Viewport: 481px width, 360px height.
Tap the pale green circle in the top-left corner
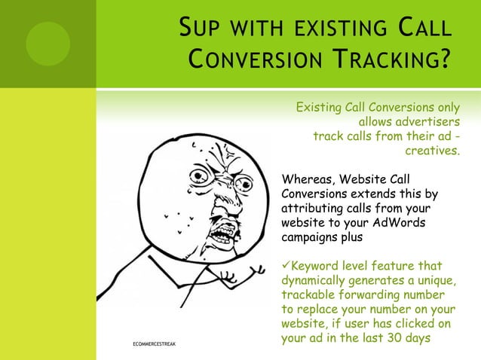click(47, 43)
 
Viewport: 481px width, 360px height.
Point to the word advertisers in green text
click(409, 122)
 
